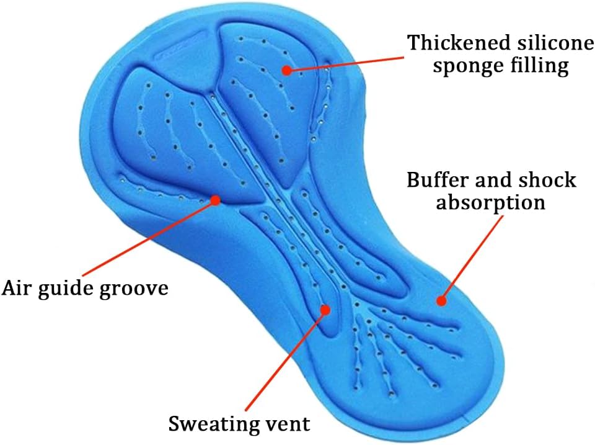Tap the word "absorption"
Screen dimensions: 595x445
click(490, 202)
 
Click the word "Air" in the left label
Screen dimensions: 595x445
click(17, 288)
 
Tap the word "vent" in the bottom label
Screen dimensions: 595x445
click(288, 425)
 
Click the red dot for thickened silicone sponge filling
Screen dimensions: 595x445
click(287, 70)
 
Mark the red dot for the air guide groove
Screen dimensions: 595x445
click(216, 200)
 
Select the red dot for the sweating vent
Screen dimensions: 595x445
click(325, 310)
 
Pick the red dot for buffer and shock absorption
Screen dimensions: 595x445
click(441, 301)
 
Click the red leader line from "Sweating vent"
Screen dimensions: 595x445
click(285, 360)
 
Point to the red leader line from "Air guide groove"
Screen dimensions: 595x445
click(149, 238)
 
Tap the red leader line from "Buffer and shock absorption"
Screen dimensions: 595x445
click(472, 258)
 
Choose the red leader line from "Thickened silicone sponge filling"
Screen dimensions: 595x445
click(345, 64)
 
